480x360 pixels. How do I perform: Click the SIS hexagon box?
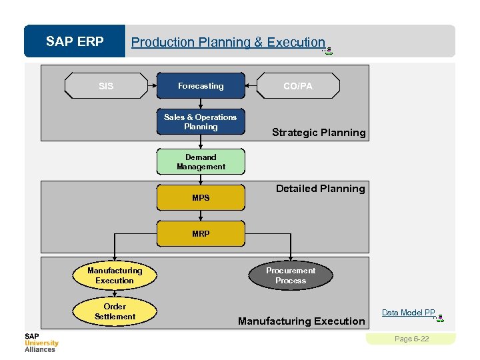(x=106, y=86)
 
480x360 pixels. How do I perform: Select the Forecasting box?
(x=201, y=86)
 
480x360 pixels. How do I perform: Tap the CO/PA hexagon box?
(x=297, y=86)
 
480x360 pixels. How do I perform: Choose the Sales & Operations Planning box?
(x=201, y=121)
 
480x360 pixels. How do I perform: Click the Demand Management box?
(x=201, y=162)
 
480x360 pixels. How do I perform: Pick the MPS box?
(x=201, y=197)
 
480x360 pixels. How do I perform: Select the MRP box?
(x=201, y=233)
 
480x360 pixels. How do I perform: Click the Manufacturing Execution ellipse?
(x=115, y=275)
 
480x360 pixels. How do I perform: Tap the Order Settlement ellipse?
(x=115, y=311)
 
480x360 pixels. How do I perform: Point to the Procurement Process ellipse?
(x=291, y=275)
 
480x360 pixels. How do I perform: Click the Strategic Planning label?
(x=319, y=132)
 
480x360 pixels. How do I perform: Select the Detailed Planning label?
(x=320, y=189)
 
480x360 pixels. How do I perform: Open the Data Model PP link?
(x=408, y=313)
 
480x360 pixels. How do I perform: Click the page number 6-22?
(x=412, y=339)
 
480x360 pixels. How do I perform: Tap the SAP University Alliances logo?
(x=41, y=342)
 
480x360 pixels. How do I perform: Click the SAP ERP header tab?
(x=75, y=42)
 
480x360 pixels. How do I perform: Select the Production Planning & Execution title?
(x=228, y=42)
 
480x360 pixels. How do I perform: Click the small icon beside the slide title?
(x=328, y=50)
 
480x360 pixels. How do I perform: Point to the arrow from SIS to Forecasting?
(x=151, y=86)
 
